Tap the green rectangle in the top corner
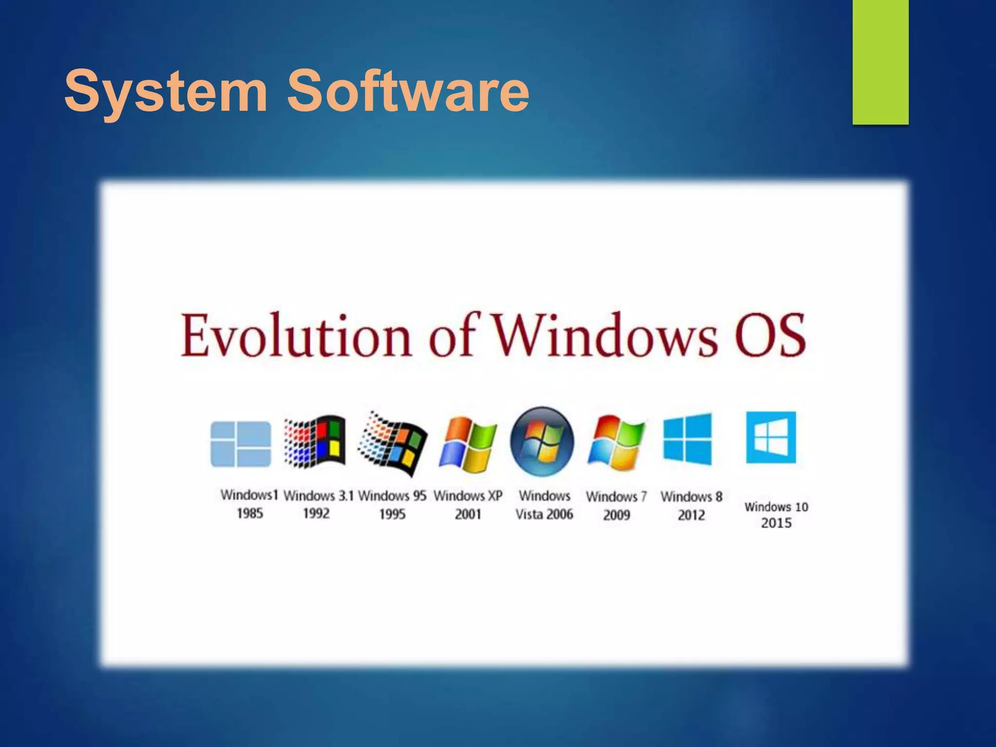click(880, 62)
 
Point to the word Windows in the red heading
click(605, 336)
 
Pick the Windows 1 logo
click(241, 444)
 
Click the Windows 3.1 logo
click(316, 442)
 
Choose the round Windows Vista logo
click(542, 442)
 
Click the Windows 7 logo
click(617, 443)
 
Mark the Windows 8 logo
click(687, 439)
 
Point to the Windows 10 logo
click(771, 437)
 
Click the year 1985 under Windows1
click(250, 514)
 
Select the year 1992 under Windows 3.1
click(316, 514)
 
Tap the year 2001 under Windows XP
click(468, 515)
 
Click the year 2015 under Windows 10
click(776, 523)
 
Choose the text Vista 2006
click(544, 515)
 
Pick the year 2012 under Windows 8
click(691, 515)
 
